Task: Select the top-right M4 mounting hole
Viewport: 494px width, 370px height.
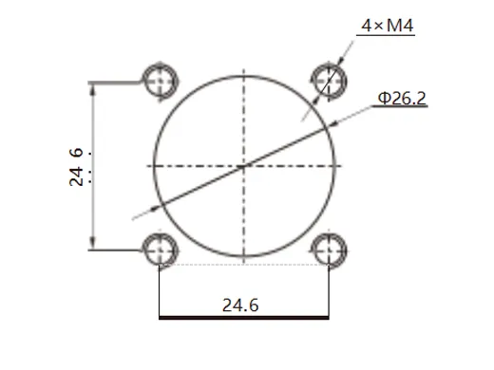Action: (x=329, y=77)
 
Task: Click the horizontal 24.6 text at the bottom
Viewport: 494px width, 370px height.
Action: (x=240, y=305)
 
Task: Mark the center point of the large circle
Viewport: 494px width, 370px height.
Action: (x=244, y=165)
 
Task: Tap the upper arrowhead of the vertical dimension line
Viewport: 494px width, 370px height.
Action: (x=92, y=88)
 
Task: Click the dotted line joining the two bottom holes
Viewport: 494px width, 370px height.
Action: (x=244, y=264)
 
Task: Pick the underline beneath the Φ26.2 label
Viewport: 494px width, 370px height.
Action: (x=399, y=107)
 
